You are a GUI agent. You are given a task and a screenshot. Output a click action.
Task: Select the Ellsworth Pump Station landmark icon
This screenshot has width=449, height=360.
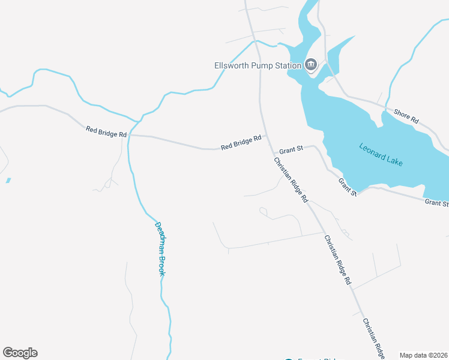coord(311,65)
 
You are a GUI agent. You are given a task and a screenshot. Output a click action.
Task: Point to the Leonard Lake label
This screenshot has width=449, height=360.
coord(381,154)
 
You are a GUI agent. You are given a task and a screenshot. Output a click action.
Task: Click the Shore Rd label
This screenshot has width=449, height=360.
coord(406,116)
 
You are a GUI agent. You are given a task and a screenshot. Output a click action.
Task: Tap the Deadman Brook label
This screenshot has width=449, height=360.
coord(160,248)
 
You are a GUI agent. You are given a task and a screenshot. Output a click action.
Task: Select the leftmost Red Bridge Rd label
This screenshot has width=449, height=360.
coord(106,132)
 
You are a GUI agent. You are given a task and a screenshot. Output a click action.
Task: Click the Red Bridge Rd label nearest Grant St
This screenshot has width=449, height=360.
coord(241,142)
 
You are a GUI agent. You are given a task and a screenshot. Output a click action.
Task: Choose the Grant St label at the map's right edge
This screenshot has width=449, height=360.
coord(436,203)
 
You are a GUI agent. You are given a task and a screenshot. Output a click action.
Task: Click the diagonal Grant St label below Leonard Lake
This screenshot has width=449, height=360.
coord(348,187)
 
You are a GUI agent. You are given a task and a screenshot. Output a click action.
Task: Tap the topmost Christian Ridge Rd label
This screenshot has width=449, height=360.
coord(291,179)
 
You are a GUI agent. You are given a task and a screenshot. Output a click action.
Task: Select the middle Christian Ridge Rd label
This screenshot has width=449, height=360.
coord(337,259)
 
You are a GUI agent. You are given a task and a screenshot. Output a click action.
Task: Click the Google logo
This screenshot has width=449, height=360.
coord(20,353)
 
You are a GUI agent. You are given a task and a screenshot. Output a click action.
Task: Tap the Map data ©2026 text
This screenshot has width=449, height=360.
coord(423,355)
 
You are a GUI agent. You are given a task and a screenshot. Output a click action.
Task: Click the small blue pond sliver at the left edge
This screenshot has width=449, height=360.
coord(8,180)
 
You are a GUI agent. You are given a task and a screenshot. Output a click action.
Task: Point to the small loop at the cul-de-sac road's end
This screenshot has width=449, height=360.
coord(263,211)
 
